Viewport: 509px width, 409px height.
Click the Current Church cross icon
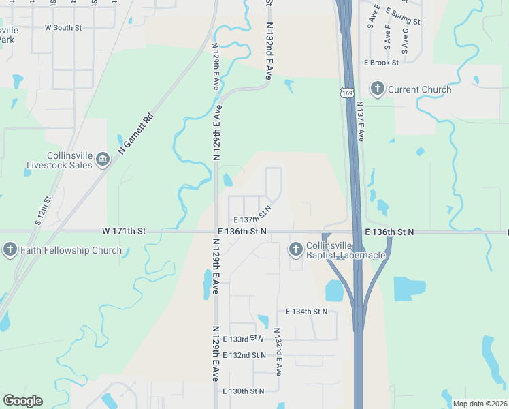coord(377,89)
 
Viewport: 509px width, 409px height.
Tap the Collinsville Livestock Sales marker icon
coord(102,160)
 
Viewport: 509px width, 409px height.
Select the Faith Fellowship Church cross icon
coord(10,250)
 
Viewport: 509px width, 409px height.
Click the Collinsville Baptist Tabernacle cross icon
coord(295,249)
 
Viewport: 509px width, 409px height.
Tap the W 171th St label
coord(124,232)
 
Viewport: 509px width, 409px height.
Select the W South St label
coord(63,28)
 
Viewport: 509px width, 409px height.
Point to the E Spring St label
coord(403,12)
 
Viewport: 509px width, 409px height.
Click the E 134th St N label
coord(303,312)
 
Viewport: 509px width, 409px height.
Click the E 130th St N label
coord(243,391)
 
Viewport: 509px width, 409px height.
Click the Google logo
coord(22,401)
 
